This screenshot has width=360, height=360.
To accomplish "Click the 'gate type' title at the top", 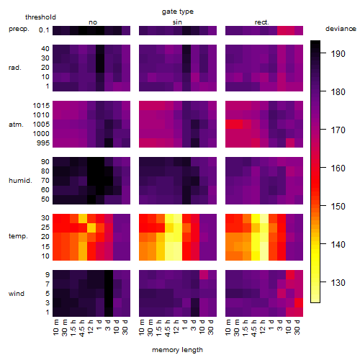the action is click(178, 12).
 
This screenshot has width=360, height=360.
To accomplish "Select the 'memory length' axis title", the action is click(177, 350).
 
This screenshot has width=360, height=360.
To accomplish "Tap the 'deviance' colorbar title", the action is click(341, 29).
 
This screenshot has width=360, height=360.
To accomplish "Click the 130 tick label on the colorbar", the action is click(338, 282).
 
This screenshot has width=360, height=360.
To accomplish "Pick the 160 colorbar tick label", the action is click(338, 168).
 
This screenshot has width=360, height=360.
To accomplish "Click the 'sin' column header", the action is click(177, 22).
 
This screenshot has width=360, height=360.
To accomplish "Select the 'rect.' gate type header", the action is click(261, 22).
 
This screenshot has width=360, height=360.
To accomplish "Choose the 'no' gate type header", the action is click(93, 22).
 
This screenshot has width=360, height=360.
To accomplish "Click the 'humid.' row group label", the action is click(20, 181).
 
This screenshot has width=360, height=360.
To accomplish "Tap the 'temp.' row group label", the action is click(18, 236).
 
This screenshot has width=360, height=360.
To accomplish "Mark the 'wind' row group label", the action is click(17, 294).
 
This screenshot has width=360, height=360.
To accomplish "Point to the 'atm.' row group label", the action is click(16, 125).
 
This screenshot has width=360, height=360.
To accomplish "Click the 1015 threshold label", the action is click(41, 105).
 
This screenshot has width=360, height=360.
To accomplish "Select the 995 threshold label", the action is click(43, 143).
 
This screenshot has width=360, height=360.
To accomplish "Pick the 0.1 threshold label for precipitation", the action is click(44, 30).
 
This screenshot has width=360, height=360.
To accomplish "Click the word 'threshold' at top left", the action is click(40, 17).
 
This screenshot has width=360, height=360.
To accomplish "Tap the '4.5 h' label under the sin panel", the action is click(168, 328).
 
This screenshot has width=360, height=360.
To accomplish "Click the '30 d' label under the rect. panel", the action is click(297, 327).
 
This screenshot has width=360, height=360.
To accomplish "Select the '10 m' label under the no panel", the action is click(55, 328).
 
